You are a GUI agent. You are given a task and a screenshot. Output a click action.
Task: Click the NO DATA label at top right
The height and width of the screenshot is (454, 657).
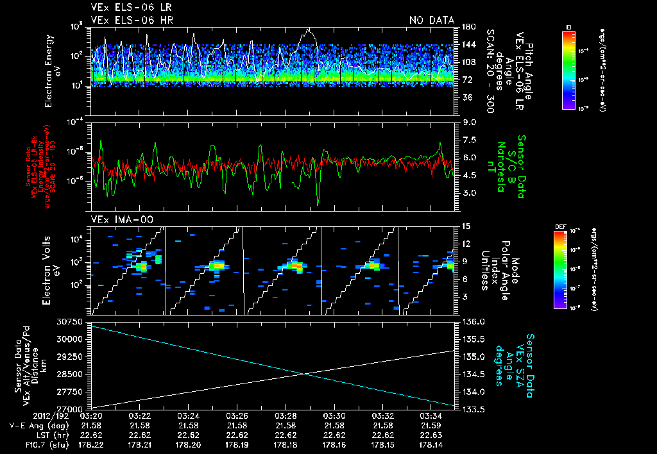pyautogui.click(x=431, y=21)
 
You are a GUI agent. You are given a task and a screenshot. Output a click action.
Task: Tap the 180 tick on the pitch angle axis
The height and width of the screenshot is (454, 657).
pyautogui.click(x=468, y=27)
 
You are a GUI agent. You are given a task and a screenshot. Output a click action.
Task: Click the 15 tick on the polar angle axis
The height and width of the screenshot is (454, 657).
pyautogui.click(x=466, y=226)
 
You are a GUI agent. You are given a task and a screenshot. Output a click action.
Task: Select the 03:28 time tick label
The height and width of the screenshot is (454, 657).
pyautogui.click(x=286, y=416)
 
